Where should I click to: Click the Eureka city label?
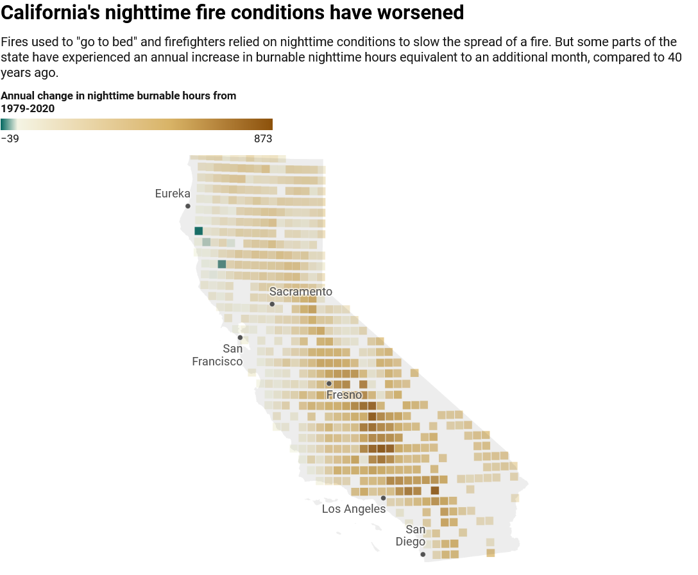[173, 194]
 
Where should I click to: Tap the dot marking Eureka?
[188, 206]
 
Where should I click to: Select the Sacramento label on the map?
[300, 291]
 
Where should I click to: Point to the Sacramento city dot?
[272, 304]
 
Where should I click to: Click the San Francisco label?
[217, 355]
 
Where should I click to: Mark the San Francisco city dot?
[240, 338]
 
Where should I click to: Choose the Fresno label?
[344, 394]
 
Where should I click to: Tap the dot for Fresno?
[329, 383]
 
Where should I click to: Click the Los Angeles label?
[354, 509]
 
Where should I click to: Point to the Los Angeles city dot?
[383, 498]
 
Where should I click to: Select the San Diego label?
[411, 535]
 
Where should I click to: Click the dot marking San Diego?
[423, 554]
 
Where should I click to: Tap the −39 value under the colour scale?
[10, 138]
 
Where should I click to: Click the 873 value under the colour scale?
[263, 138]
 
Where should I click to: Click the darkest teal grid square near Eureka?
[198, 231]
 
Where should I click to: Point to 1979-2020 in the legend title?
[28, 108]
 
